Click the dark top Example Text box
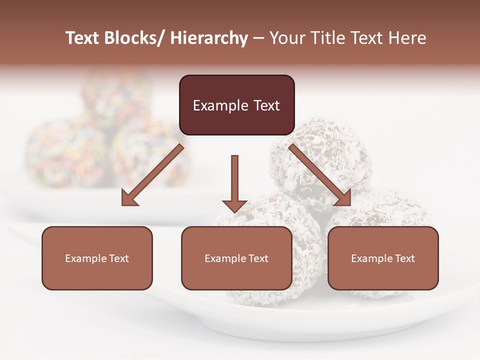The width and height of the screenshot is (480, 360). (x=236, y=105)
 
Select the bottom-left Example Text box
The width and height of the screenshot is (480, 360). (x=97, y=258)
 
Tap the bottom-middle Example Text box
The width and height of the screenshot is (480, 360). (x=236, y=258)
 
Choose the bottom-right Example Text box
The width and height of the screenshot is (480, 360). (x=383, y=258)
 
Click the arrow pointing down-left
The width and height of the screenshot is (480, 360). (x=152, y=175)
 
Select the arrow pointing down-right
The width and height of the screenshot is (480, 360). (x=320, y=175)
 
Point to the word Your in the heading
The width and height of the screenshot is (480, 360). (x=287, y=38)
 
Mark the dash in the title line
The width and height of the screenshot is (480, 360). (x=258, y=38)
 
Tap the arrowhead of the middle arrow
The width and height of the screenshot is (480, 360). (x=234, y=205)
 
